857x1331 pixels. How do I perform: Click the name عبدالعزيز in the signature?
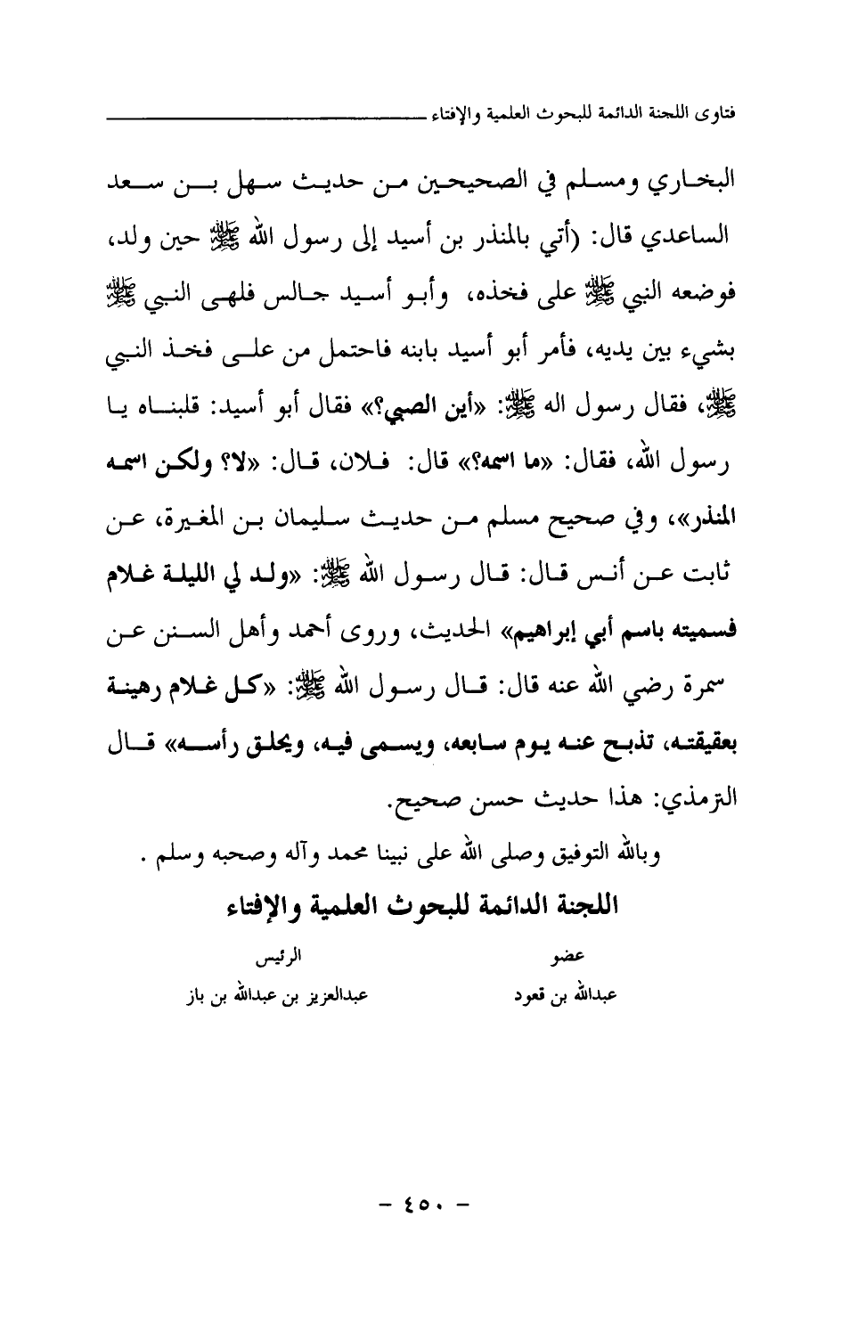click(335, 993)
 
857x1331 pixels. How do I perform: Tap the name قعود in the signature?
click(535, 993)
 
